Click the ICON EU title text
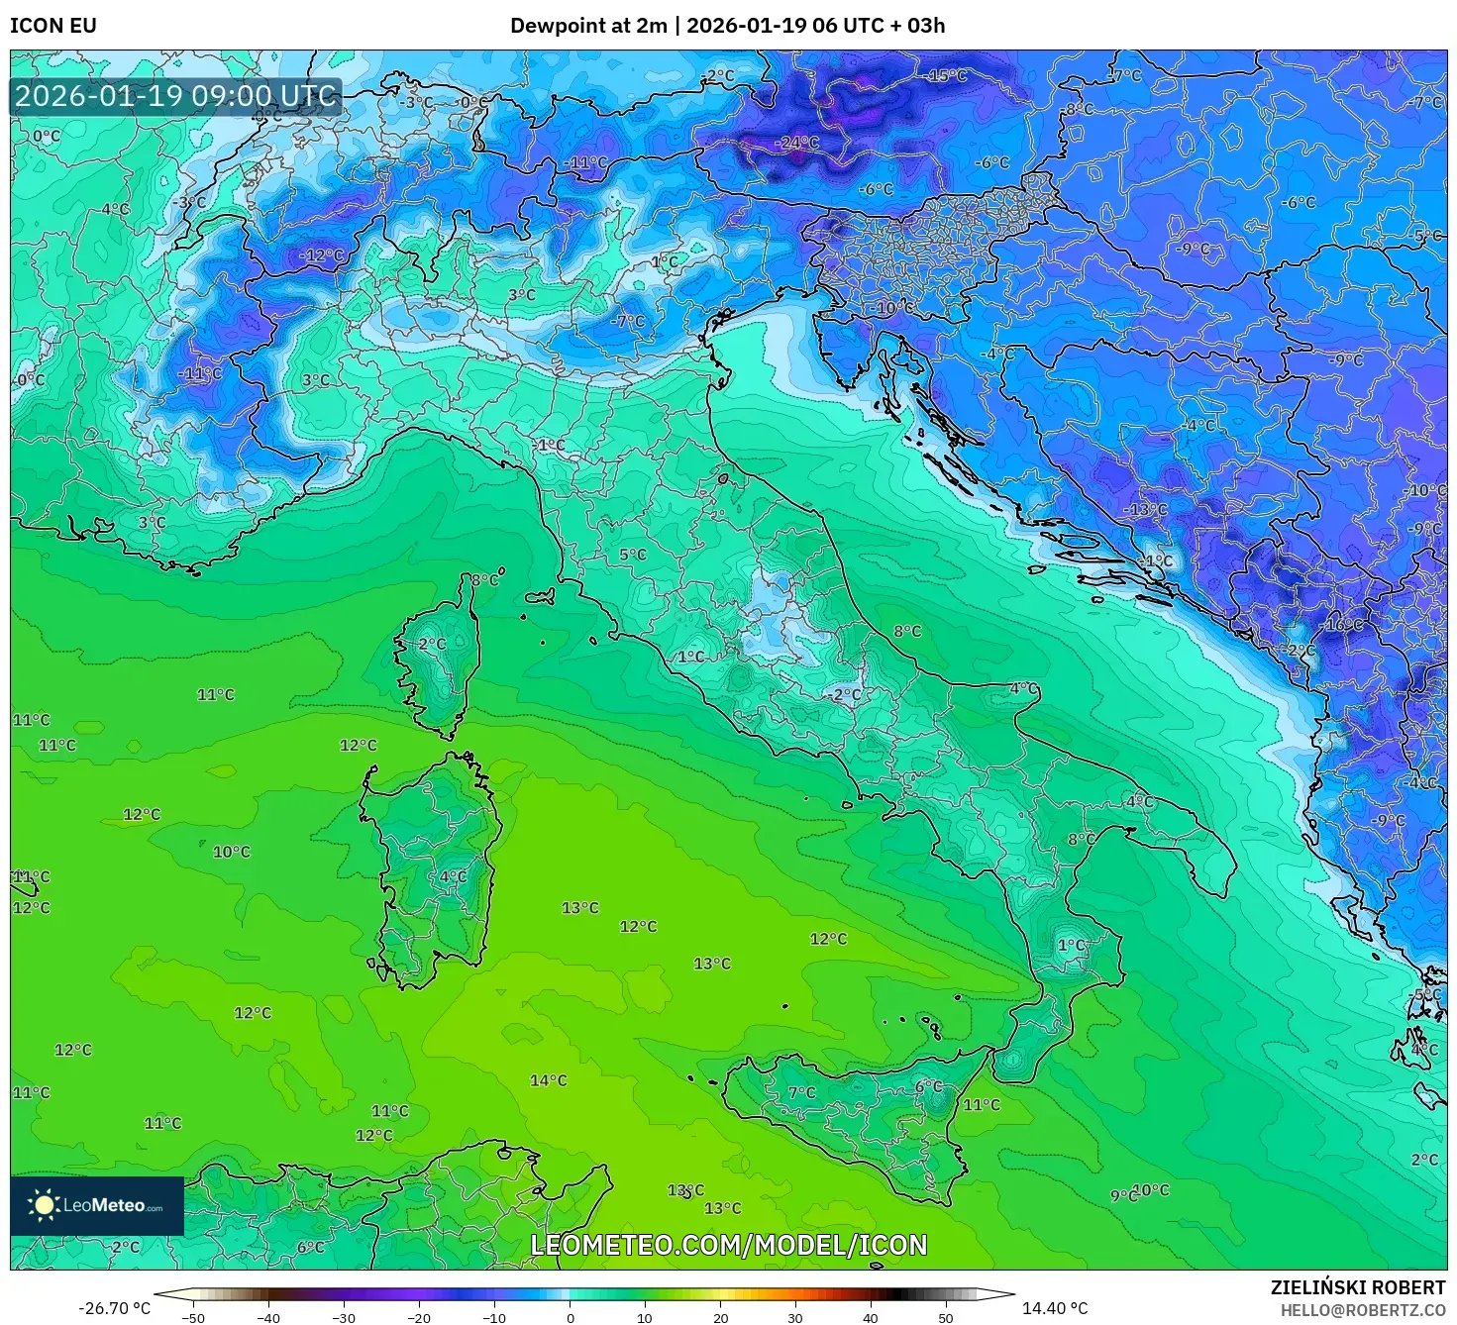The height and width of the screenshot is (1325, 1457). pos(53,25)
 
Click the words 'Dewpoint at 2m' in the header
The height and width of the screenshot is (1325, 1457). pos(588,25)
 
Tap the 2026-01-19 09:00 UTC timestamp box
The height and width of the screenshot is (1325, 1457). pos(175,96)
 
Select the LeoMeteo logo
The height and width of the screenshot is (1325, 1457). pos(97,1205)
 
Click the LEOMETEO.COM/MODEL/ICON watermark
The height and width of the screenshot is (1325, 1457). pos(729,1245)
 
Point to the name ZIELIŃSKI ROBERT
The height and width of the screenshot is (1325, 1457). pos(1357,1287)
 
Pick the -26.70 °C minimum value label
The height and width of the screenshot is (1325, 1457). pos(114,1308)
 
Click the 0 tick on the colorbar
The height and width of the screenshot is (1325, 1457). pos(570,1318)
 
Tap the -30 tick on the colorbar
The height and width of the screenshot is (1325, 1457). pos(343,1318)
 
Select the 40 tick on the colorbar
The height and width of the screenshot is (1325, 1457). pos(871,1318)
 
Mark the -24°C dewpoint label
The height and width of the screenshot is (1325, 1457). pos(797,143)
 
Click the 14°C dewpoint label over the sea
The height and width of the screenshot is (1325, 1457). pos(548,1080)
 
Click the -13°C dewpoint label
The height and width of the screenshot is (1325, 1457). pos(1145,509)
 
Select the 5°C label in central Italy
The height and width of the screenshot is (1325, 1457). pos(633,555)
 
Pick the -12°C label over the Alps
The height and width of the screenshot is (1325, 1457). pos(322,255)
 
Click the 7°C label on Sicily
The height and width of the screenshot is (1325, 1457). pos(801,1092)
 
